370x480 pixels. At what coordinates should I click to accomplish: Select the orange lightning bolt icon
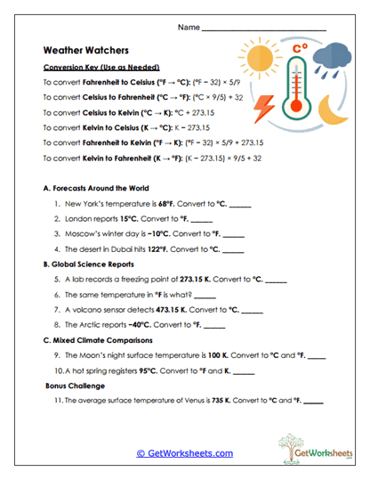tap(265, 110)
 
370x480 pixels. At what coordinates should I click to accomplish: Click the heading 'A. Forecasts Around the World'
tap(96, 189)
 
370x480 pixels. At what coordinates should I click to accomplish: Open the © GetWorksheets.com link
tap(184, 453)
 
